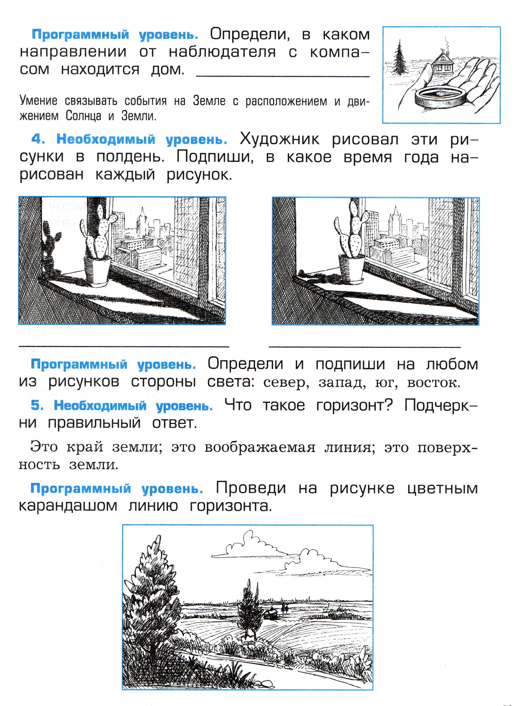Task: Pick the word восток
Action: [433, 383]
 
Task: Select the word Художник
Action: [280, 139]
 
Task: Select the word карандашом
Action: [68, 506]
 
